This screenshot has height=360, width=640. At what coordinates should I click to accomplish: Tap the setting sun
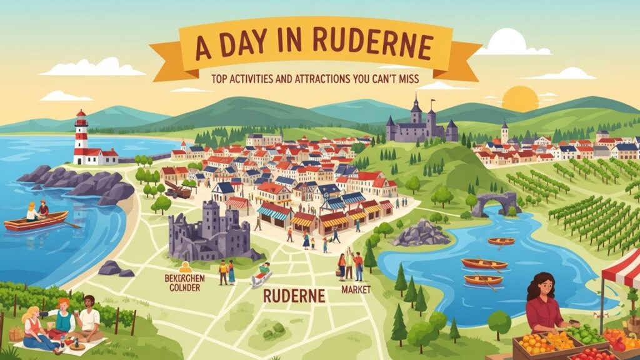click(x=520, y=99)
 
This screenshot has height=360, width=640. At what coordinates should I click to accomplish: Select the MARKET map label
click(x=356, y=290)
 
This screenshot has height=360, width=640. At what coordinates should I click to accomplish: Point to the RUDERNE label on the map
click(x=294, y=296)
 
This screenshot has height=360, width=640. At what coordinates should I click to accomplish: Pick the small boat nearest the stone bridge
click(x=501, y=241)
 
